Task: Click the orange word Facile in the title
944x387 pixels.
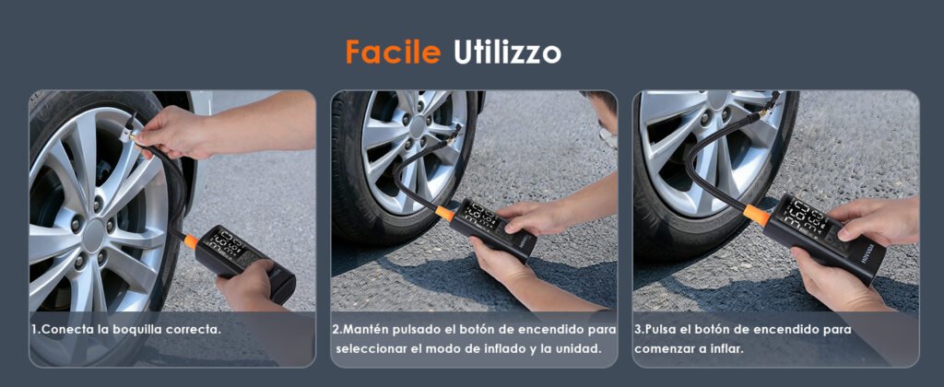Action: [x=393, y=53]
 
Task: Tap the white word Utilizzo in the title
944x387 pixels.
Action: [x=507, y=53]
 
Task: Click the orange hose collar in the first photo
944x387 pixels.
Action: [x=190, y=241]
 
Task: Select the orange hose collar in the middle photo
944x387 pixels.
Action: [x=445, y=213]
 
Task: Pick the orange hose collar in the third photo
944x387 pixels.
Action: [x=757, y=215]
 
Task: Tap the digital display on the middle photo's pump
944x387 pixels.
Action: [x=479, y=216]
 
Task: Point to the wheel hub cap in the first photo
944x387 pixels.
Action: [x=93, y=235]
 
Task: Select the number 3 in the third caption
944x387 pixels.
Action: [x=638, y=330]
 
